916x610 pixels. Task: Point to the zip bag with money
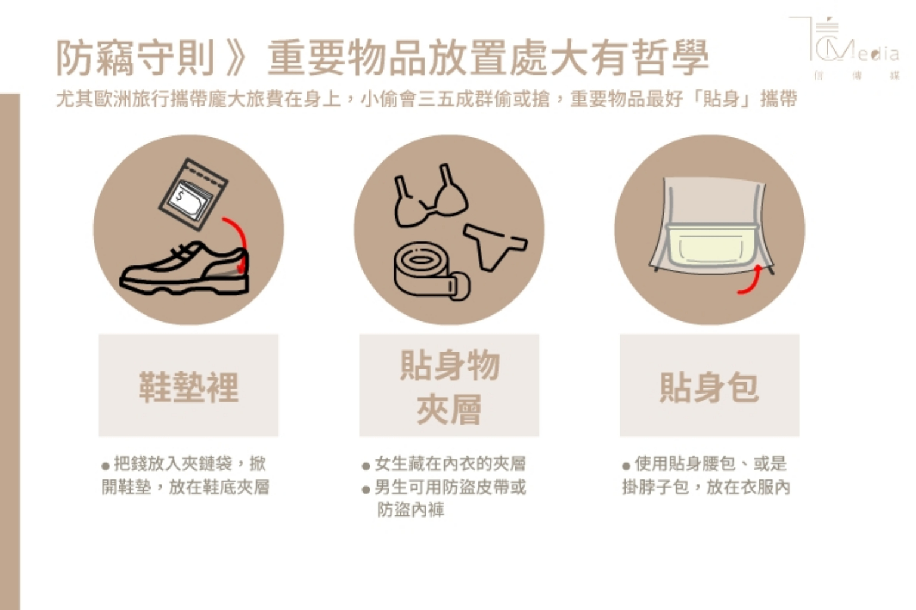[x=193, y=194]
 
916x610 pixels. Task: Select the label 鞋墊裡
[x=188, y=388]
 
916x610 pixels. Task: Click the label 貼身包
[x=710, y=388]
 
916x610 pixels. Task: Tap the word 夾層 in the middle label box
[x=449, y=409]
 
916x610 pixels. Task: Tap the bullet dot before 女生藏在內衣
[x=366, y=466]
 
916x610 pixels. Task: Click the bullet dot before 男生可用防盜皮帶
[x=366, y=490]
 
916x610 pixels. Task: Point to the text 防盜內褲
[x=410, y=510]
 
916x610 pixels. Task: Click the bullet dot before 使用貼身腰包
[x=626, y=466]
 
